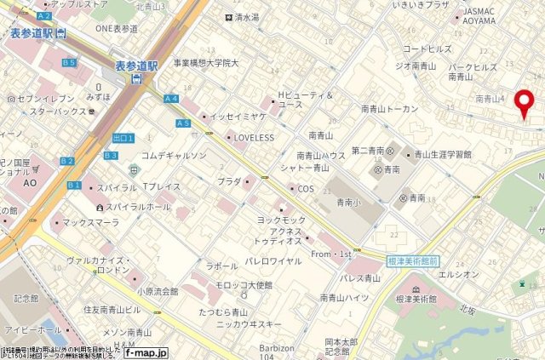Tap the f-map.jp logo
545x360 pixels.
coord(146,351)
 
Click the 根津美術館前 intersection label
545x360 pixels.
coord(411,261)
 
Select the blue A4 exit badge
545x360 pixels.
coord(171,99)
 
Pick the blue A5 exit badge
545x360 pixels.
coord(183,123)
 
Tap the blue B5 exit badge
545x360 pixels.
coord(69,63)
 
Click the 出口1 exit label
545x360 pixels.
coord(123,138)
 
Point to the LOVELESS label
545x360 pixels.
coord(253,137)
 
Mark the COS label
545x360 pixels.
coord(305,188)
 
